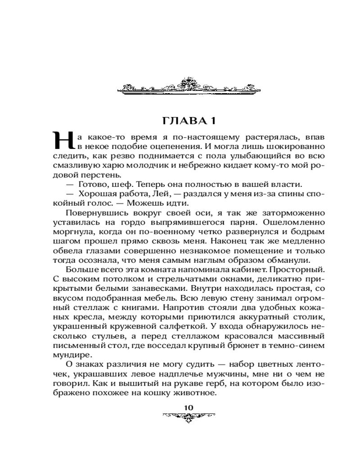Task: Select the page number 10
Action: click(189, 407)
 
